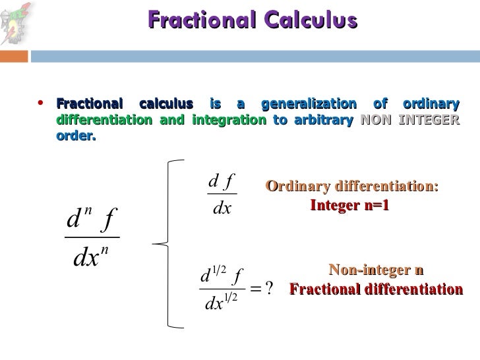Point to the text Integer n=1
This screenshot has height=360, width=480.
click(x=349, y=206)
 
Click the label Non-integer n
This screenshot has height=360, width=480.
click(x=376, y=271)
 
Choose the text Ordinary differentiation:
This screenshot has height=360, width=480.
click(x=352, y=187)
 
